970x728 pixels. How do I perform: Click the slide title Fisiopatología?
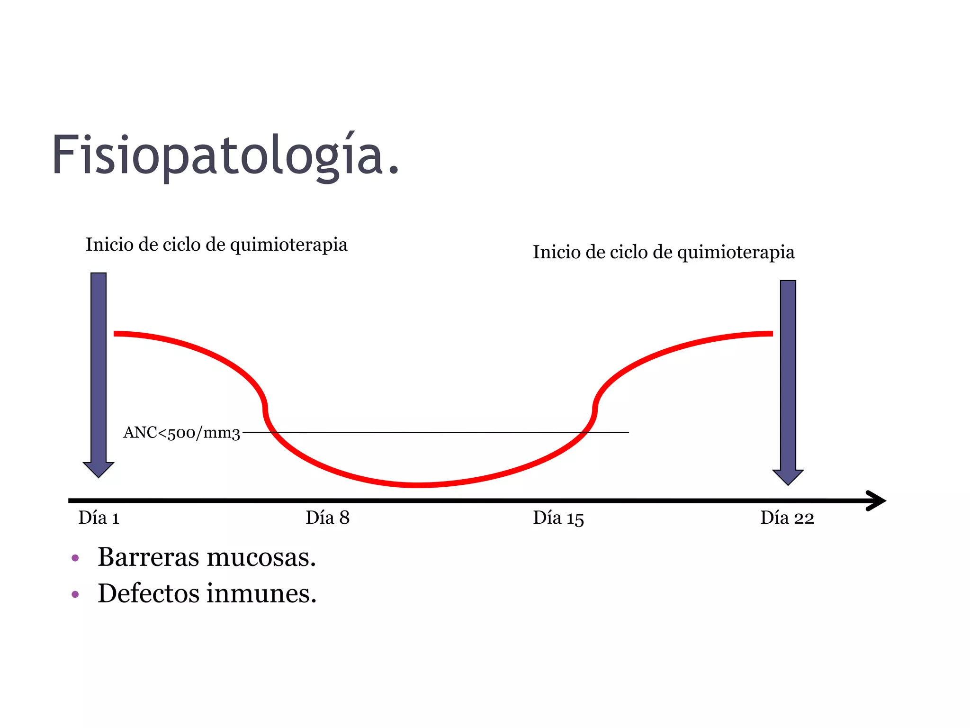click(x=225, y=155)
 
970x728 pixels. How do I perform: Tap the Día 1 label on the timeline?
click(x=99, y=518)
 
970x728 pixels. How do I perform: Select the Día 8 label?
click(x=327, y=518)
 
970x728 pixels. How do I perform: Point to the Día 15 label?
click(x=558, y=518)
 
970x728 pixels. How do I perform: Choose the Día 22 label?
click(x=787, y=518)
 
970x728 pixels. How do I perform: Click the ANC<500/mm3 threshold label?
click(x=182, y=433)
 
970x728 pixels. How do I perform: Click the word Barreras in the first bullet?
click(x=148, y=557)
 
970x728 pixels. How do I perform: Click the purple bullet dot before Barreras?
click(x=75, y=558)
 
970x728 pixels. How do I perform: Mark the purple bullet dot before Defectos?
click(x=75, y=594)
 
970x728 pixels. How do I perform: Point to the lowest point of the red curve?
click(x=418, y=485)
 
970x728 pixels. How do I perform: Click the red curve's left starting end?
click(x=116, y=334)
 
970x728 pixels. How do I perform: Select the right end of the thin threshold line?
click(x=628, y=432)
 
